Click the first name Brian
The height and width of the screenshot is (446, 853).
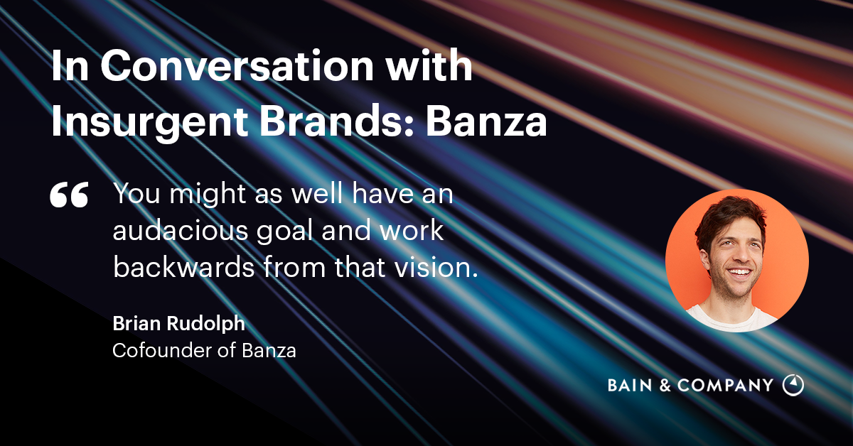[136, 323]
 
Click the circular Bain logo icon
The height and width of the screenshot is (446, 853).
[793, 385]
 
